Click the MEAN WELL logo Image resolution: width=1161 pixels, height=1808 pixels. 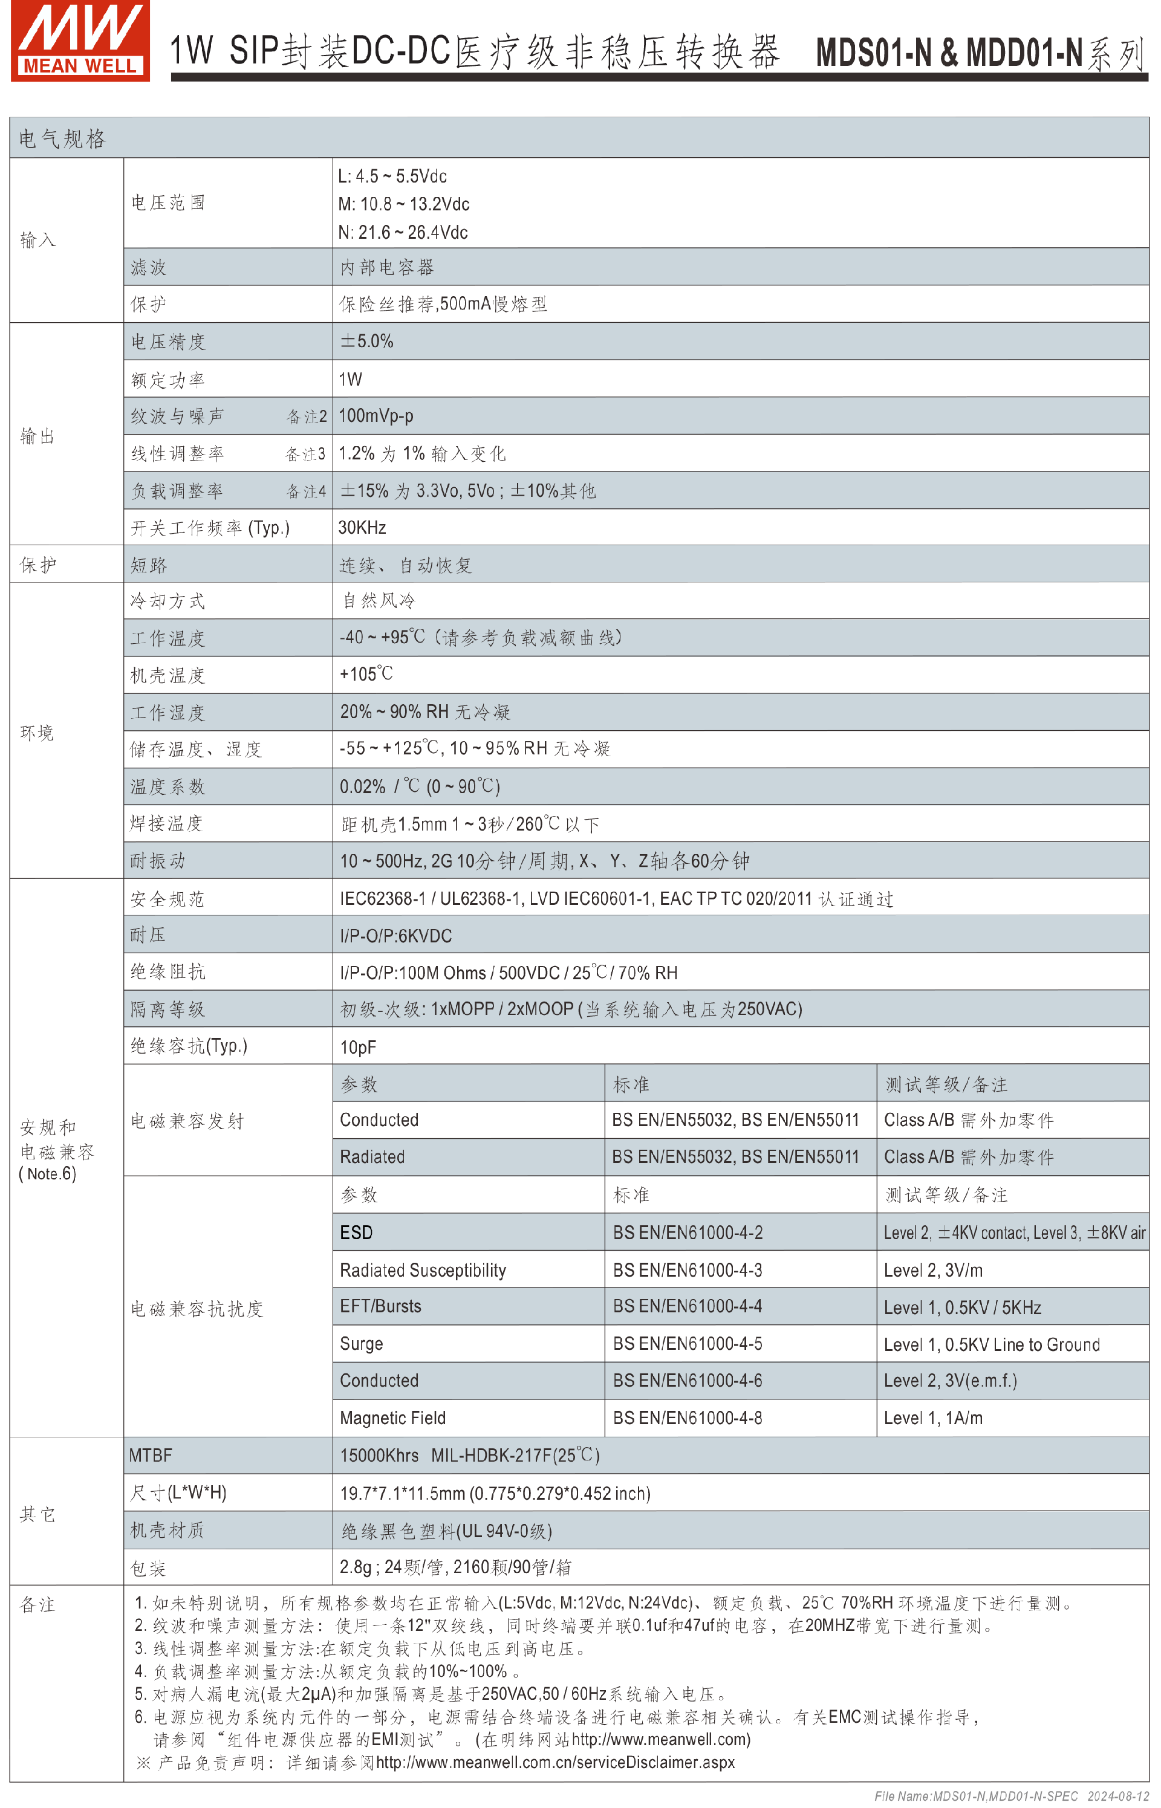(80, 41)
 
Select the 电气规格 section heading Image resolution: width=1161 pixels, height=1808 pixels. (62, 138)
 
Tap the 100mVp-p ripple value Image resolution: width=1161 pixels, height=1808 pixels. (376, 416)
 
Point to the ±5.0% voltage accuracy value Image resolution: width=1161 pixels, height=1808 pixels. (366, 342)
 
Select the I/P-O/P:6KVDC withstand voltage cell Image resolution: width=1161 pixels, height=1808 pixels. (396, 936)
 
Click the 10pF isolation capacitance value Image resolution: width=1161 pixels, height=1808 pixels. (357, 1048)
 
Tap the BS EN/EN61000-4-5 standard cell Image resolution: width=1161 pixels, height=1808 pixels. (687, 1344)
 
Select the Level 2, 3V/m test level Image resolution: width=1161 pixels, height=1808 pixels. (932, 1271)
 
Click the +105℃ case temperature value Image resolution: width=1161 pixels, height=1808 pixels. (366, 675)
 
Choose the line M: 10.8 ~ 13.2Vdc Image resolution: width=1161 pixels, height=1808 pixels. (403, 204)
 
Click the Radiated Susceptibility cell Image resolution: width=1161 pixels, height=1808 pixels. (422, 1271)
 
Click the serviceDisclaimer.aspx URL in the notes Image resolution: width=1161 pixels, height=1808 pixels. (555, 1762)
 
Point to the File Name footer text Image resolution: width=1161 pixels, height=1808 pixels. (1011, 1796)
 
